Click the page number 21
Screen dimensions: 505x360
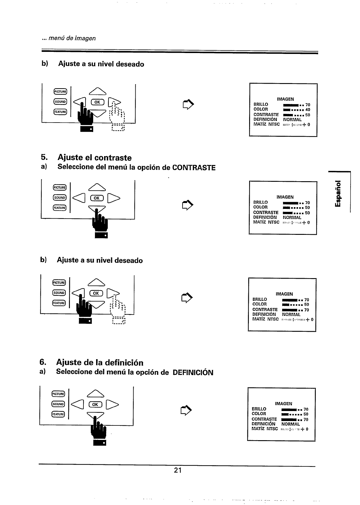[177, 470]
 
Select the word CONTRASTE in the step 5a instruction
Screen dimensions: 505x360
[194, 168]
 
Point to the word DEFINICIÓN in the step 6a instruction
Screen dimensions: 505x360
[193, 372]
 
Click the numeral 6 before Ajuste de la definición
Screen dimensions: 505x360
[42, 362]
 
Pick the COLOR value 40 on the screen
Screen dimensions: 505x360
[308, 110]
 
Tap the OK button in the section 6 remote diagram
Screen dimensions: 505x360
[95, 405]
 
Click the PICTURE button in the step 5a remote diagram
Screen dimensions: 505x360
[60, 188]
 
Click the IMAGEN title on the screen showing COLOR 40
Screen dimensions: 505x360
[285, 99]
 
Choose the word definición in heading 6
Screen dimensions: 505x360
[124, 362]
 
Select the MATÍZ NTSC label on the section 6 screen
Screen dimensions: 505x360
[264, 429]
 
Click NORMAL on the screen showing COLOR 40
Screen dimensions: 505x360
[292, 120]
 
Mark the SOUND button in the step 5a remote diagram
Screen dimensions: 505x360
[60, 198]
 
